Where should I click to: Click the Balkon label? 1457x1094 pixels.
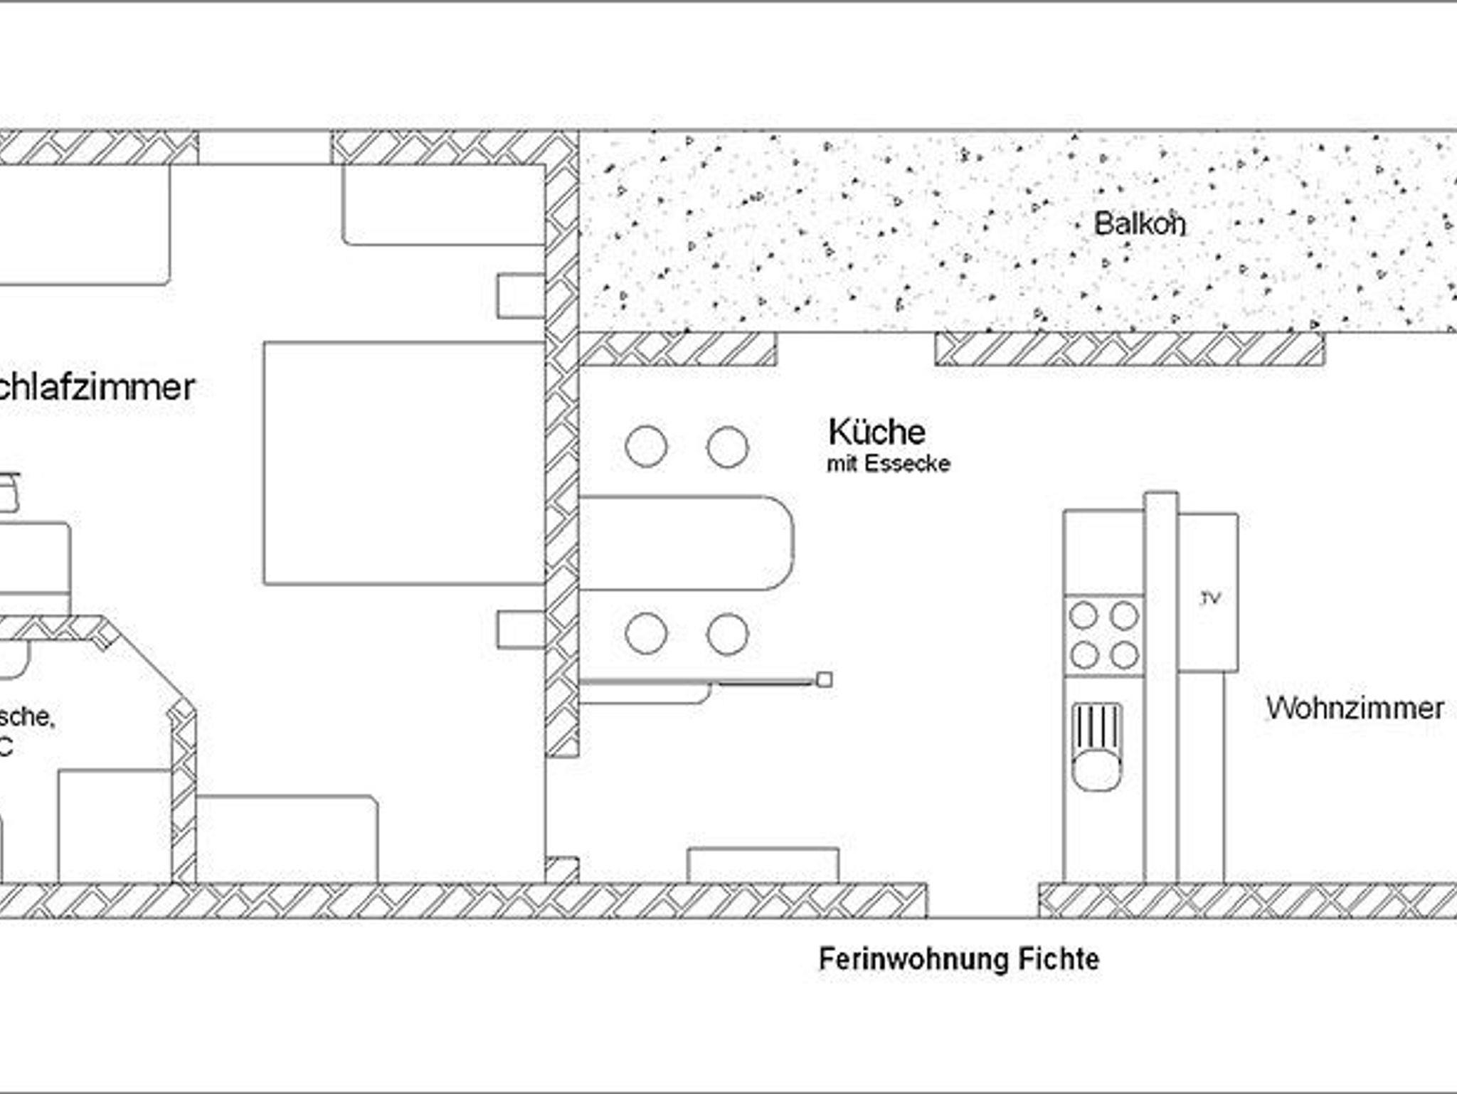coord(1139,224)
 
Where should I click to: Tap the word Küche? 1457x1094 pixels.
coord(876,432)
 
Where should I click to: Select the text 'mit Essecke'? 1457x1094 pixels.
coord(888,464)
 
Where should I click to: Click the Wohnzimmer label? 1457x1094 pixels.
coord(1355,708)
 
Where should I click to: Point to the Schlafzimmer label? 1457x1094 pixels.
coord(96,387)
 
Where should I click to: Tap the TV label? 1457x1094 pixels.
coord(1210,598)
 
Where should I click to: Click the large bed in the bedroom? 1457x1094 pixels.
coord(404,463)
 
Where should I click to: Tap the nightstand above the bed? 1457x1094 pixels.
coord(521,295)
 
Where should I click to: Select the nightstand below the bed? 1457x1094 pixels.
coord(521,630)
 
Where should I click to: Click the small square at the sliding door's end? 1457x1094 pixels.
coord(824,680)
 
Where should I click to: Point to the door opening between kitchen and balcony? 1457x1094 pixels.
coord(855,349)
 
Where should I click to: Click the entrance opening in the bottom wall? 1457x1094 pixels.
coord(982,901)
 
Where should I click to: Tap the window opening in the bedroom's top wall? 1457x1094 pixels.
coord(265,147)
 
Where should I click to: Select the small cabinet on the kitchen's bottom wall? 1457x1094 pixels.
coord(763,866)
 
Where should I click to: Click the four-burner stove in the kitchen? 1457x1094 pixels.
coord(1103,635)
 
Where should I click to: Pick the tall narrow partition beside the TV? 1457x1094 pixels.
coord(1160,686)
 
